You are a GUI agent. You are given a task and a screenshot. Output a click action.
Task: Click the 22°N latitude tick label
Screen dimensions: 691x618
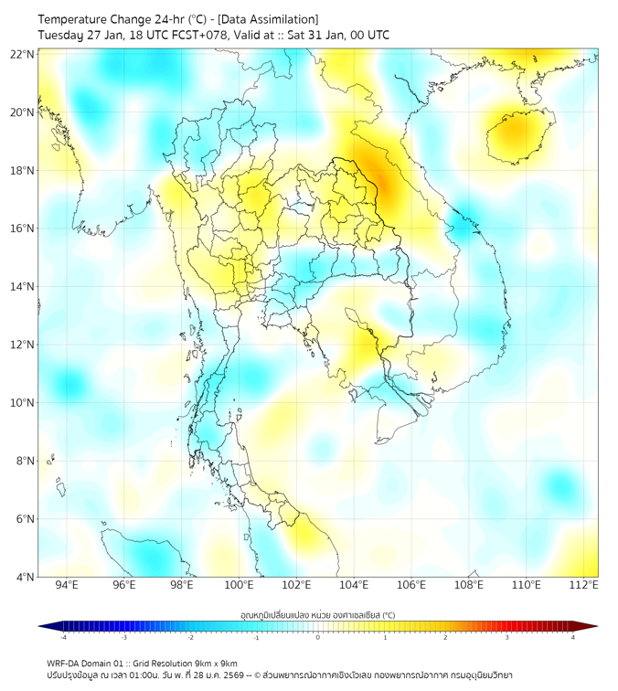23,54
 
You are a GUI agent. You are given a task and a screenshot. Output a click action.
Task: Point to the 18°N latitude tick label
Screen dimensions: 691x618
23,170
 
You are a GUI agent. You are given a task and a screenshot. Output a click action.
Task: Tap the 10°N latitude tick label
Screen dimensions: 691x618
23,402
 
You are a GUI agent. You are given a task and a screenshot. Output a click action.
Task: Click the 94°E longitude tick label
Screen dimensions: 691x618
66,586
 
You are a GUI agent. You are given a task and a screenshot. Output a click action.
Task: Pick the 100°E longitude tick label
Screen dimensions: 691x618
239,586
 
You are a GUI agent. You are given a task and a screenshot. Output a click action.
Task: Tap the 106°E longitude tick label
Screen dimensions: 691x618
411,586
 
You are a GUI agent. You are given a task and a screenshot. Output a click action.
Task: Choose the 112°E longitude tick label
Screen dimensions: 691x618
584,586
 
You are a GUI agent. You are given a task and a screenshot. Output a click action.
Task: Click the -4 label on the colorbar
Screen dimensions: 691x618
63,638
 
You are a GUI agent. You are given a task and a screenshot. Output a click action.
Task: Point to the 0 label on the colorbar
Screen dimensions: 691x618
318,638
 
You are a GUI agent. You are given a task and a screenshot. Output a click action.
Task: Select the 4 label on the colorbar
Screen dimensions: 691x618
573,638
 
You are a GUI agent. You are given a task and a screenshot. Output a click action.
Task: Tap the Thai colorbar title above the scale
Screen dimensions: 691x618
317,615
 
